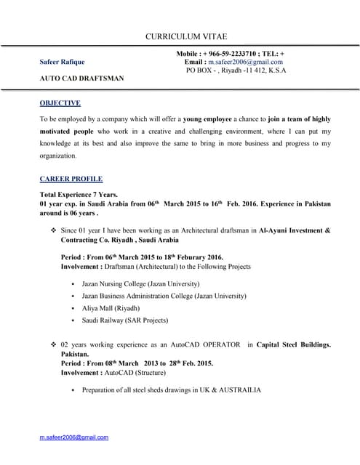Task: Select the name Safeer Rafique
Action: [x=64, y=62]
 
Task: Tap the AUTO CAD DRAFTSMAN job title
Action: [x=81, y=78]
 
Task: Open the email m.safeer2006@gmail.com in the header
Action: [x=244, y=62]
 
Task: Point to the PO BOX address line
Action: [x=236, y=70]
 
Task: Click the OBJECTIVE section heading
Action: [x=60, y=103]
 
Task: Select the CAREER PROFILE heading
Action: [x=71, y=178]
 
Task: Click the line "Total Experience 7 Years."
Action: [x=78, y=195]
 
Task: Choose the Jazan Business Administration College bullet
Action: [x=164, y=296]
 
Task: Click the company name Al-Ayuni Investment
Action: [x=287, y=230]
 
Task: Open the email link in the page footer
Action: [x=73, y=437]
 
